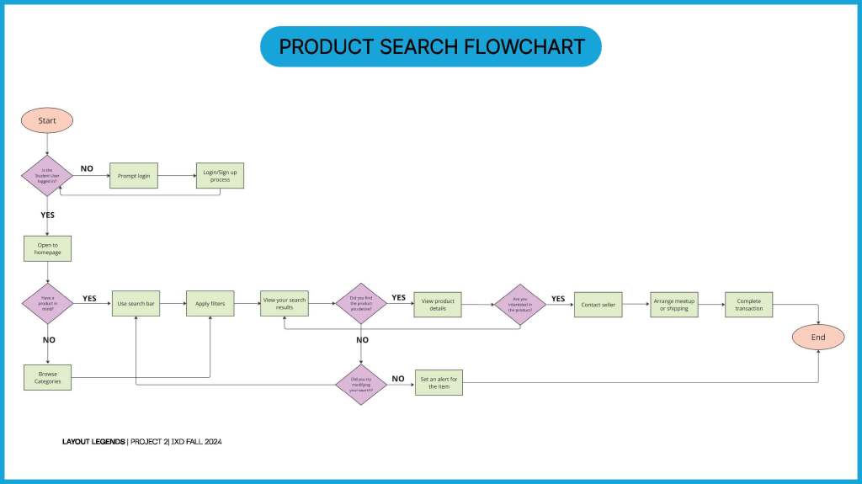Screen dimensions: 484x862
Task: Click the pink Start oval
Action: (47, 120)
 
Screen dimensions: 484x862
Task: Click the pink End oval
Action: (818, 338)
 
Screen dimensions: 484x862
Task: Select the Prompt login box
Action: (134, 176)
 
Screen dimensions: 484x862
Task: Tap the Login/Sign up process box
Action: (220, 175)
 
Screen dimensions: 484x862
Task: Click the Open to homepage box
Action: (48, 248)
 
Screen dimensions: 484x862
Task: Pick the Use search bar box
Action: (136, 303)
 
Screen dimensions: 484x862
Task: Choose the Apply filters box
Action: (210, 303)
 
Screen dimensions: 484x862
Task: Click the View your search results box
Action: (284, 303)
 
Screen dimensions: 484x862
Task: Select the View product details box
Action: (438, 305)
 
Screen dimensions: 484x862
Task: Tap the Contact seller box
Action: (598, 305)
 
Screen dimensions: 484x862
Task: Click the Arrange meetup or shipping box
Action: (674, 305)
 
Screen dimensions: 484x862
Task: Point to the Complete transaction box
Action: (749, 305)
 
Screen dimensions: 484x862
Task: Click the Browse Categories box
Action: (48, 377)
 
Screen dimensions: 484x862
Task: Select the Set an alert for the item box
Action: (439, 382)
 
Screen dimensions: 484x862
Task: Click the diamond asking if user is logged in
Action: (47, 176)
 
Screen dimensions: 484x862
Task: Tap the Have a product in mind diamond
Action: (47, 304)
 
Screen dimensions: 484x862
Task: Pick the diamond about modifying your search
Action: (361, 385)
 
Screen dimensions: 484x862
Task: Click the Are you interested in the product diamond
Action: (519, 305)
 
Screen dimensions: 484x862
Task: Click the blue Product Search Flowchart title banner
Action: (431, 46)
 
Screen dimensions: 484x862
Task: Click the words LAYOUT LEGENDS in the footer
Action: (93, 442)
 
